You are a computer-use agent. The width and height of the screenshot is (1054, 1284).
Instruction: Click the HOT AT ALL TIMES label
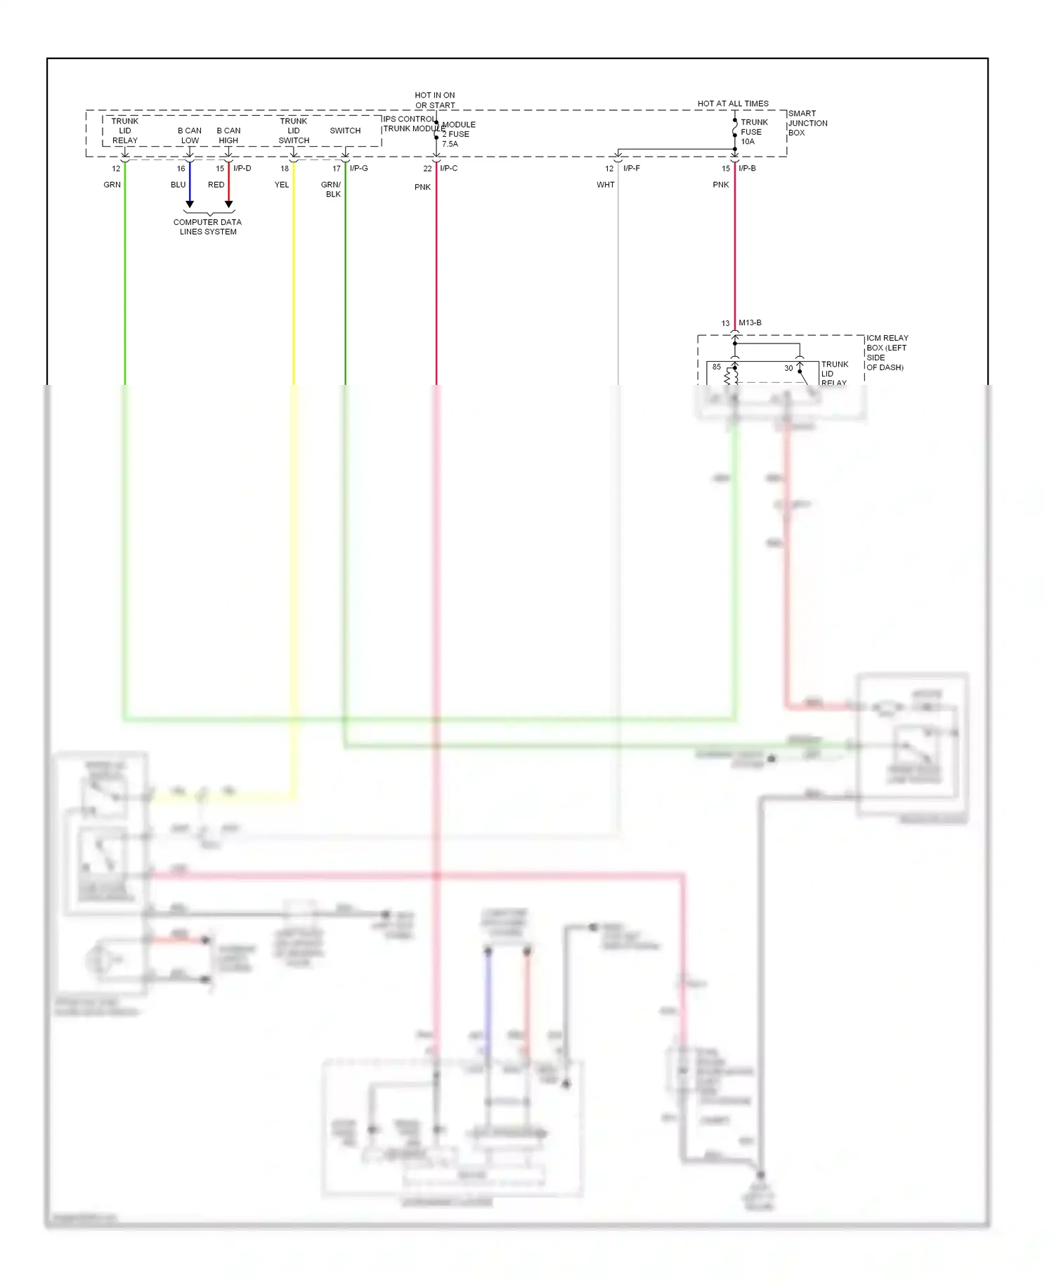pyautogui.click(x=732, y=103)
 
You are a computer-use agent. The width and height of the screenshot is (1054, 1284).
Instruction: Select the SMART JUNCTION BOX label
pyautogui.click(x=807, y=123)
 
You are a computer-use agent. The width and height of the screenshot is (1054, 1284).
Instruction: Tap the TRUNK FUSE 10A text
pyautogui.click(x=753, y=132)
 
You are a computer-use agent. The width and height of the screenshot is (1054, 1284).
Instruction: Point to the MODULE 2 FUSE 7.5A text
pyautogui.click(x=458, y=134)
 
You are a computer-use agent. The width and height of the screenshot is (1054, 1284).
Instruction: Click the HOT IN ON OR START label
pyautogui.click(x=434, y=100)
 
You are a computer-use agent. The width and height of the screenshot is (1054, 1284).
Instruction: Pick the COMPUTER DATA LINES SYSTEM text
pyautogui.click(x=207, y=227)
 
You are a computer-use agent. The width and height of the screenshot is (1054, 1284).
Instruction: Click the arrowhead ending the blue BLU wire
pyautogui.click(x=190, y=204)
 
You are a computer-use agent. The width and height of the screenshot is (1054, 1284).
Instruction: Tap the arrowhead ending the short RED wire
pyautogui.click(x=228, y=204)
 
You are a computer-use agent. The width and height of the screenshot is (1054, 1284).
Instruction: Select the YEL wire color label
pyautogui.click(x=281, y=185)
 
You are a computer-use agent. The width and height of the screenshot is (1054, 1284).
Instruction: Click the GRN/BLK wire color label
pyautogui.click(x=331, y=190)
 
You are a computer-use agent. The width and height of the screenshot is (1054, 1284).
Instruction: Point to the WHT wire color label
pyautogui.click(x=605, y=185)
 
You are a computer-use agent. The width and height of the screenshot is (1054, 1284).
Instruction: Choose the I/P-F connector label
pyautogui.click(x=631, y=169)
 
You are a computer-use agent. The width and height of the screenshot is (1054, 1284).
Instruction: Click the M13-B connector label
pyautogui.click(x=750, y=323)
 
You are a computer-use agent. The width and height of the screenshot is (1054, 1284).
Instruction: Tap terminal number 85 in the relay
pyautogui.click(x=716, y=367)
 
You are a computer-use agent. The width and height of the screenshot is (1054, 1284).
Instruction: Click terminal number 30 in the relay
pyautogui.click(x=788, y=368)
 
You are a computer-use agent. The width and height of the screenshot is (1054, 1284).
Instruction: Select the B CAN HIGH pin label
pyautogui.click(x=228, y=136)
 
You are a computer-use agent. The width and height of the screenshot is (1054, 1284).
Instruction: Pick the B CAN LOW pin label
pyautogui.click(x=190, y=136)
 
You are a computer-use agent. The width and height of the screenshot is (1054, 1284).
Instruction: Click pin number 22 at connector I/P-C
pyautogui.click(x=427, y=169)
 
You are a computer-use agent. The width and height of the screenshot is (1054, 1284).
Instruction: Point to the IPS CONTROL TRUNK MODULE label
pyautogui.click(x=410, y=124)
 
